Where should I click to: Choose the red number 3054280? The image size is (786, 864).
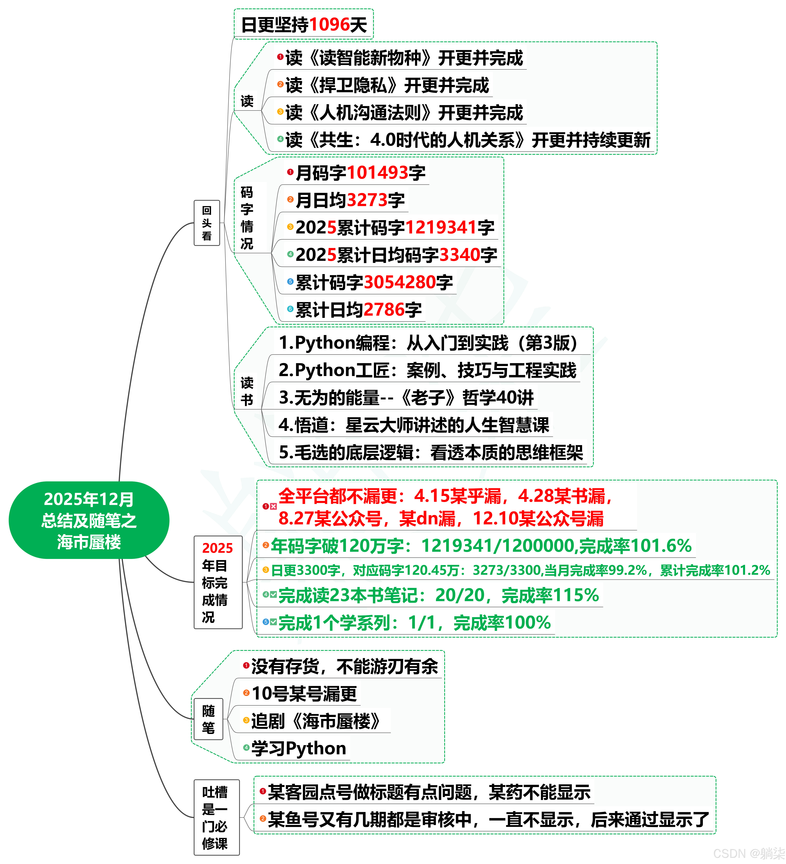(400, 282)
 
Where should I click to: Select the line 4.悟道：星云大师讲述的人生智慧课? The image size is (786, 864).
(413, 425)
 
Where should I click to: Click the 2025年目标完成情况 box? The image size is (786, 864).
(218, 582)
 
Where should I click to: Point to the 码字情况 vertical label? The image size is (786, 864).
(247, 218)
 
